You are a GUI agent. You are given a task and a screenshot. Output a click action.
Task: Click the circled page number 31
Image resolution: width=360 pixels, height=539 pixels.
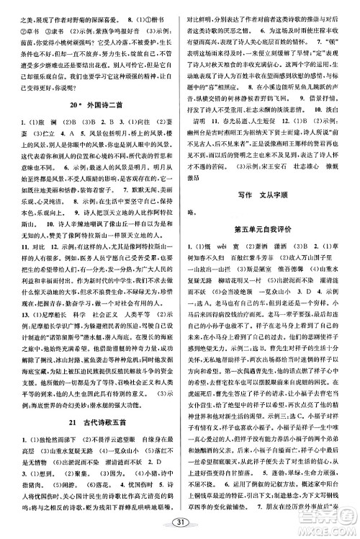pos(179,522)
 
